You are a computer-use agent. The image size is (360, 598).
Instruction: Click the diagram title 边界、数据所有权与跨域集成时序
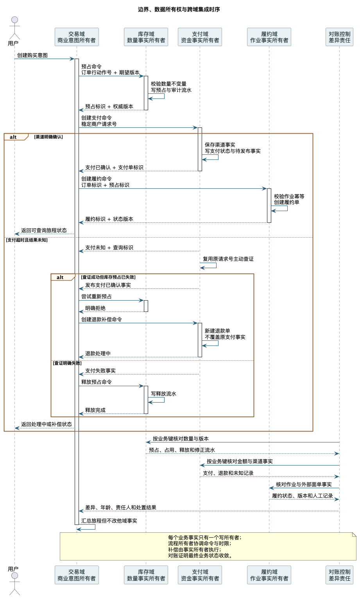tap(179, 9)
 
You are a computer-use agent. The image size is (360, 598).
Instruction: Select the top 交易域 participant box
tap(77, 37)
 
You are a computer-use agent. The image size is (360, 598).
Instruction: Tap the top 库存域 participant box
tap(146, 37)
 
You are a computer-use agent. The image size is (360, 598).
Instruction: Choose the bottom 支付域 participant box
tap(200, 575)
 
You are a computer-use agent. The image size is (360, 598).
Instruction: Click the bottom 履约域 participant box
tap(269, 575)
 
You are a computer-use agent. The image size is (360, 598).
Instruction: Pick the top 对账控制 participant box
tap(339, 37)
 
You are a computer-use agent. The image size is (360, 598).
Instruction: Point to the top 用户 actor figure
tap(14, 28)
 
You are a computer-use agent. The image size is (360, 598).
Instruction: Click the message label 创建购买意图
tap(32, 55)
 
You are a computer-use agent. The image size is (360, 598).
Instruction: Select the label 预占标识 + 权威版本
tap(109, 107)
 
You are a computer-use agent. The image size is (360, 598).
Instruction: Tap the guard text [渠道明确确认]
tap(48, 137)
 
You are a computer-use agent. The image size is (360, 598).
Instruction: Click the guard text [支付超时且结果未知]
tap(27, 240)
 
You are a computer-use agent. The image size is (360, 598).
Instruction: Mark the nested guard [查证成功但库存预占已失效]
tap(108, 277)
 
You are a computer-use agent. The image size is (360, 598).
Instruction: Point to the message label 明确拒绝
tap(95, 308)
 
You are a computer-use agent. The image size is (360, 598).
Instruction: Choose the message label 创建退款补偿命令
tap(102, 320)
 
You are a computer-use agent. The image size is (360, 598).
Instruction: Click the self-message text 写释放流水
tap(163, 394)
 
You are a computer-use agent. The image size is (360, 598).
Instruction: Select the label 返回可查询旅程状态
tap(44, 230)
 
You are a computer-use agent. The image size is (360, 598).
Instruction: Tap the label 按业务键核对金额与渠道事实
tap(240, 461)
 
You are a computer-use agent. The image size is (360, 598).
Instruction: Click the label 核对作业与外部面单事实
tap(304, 484)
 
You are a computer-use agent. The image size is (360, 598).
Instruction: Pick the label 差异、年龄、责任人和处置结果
tap(120, 507)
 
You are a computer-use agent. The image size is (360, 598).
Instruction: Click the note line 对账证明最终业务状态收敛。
tap(200, 555)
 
